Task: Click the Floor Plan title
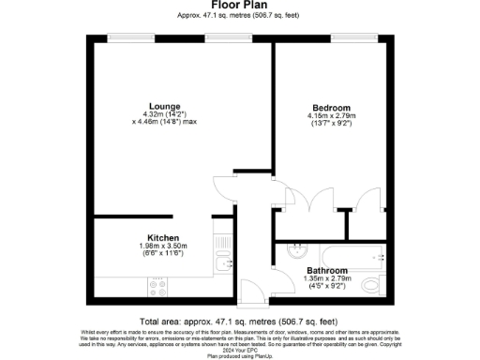coord(239,6)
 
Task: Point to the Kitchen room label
coord(162,237)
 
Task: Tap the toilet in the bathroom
coord(371,284)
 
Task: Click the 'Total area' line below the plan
coord(239,319)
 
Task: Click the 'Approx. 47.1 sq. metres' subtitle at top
coord(239,16)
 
